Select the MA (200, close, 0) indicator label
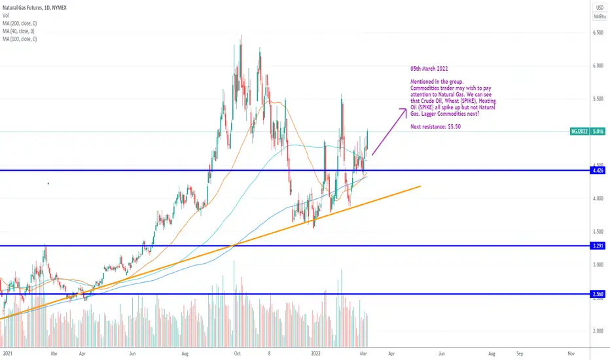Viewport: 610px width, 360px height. click(x=20, y=24)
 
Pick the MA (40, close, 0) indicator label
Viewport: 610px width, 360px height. click(x=19, y=31)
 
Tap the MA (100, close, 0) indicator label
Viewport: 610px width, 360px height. click(x=20, y=39)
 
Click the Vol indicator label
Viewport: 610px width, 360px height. click(x=6, y=16)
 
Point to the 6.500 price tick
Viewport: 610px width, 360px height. click(x=598, y=33)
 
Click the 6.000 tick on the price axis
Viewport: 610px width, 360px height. click(x=598, y=65)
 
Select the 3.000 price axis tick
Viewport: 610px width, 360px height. click(x=598, y=264)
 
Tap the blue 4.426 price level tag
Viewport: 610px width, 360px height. click(x=598, y=170)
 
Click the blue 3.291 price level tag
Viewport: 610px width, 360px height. click(x=598, y=246)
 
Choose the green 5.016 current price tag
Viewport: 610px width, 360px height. click(x=598, y=132)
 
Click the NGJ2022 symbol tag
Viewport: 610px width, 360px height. click(x=579, y=132)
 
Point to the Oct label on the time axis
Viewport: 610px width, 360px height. click(x=238, y=353)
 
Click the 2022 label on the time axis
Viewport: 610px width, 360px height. click(x=316, y=353)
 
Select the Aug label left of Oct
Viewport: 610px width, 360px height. click(x=185, y=353)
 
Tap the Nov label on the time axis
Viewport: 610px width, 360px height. click(x=571, y=353)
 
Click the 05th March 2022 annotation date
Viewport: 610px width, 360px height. click(x=429, y=69)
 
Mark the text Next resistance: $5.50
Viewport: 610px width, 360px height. click(x=436, y=126)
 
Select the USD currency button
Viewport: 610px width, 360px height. click(x=600, y=8)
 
